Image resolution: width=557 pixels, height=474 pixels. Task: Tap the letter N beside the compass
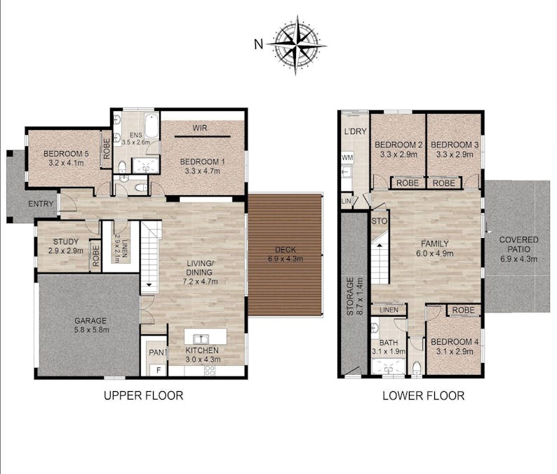point(259,44)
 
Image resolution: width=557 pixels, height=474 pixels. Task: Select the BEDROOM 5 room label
point(66,158)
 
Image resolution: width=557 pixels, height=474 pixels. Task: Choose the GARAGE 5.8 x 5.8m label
point(91,324)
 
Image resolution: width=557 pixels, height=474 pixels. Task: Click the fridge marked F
point(158,370)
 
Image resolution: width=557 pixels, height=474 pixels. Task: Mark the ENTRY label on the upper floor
point(41,204)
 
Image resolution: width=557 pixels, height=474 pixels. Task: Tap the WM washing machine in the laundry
point(347,158)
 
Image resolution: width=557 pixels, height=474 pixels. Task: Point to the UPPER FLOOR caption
point(143,395)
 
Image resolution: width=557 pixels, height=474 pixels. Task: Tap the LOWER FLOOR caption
point(423,395)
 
